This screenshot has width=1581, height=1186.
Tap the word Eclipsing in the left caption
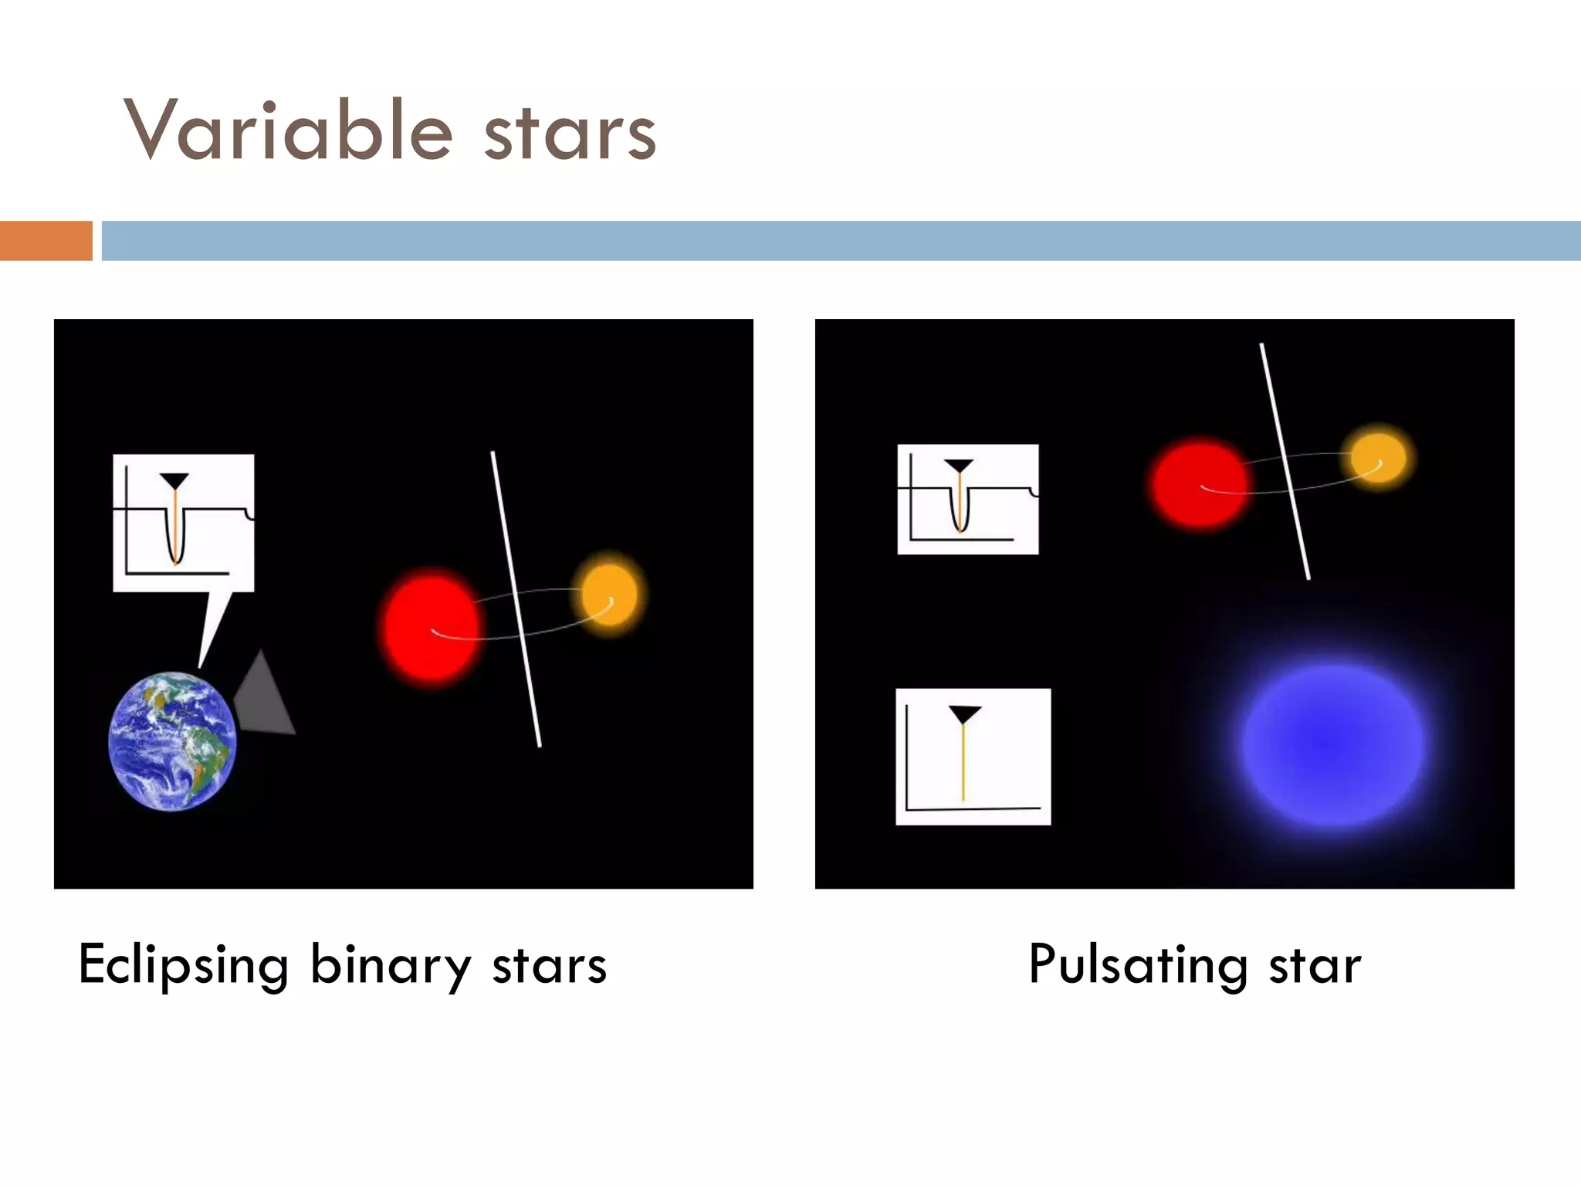[184, 965]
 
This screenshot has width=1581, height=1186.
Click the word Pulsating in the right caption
[1138, 965]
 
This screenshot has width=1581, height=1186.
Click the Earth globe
[172, 741]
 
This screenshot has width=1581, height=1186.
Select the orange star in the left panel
[609, 594]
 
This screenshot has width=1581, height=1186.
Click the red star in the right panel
[1199, 483]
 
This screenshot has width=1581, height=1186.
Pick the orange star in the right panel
[1378, 457]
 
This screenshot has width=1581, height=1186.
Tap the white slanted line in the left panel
[516, 598]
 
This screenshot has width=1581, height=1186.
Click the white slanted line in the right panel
[1285, 461]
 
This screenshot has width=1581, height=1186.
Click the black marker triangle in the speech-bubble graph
[174, 481]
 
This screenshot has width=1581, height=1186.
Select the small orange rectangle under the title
[46, 241]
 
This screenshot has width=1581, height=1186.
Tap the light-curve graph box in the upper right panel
[967, 499]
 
